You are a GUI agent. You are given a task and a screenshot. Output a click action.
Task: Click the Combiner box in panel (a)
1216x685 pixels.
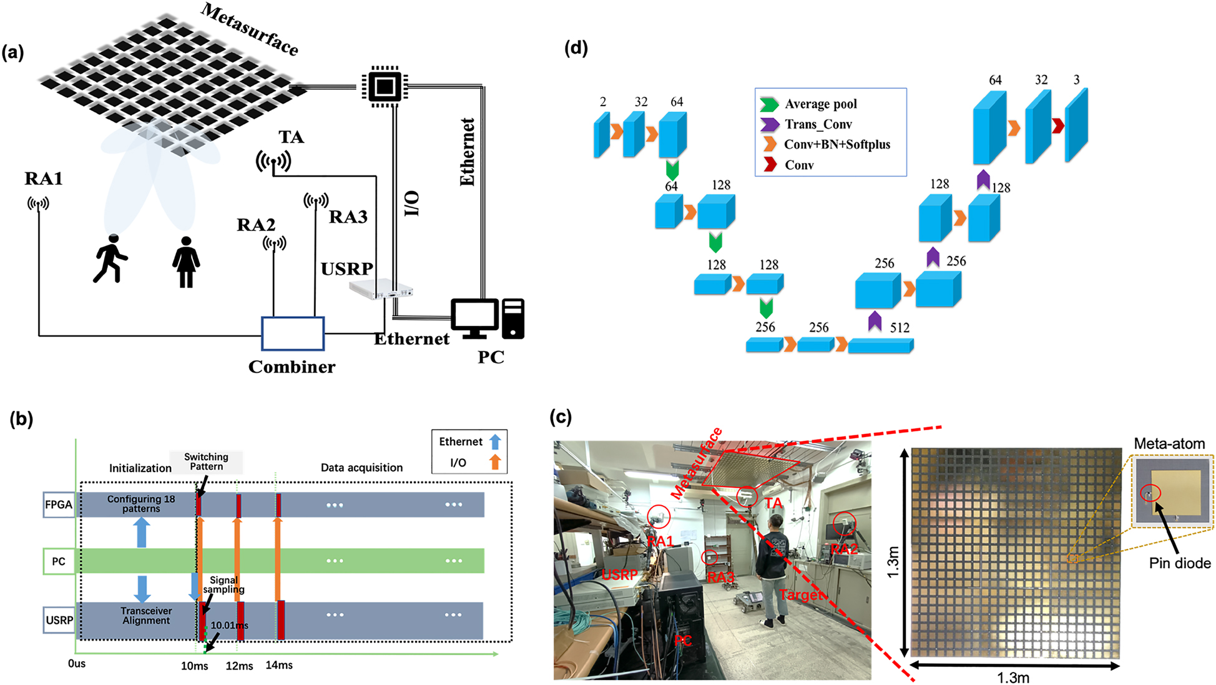292,333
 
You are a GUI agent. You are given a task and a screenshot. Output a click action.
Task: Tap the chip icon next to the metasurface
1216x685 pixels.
385,86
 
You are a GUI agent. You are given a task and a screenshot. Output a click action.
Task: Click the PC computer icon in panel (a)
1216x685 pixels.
488,318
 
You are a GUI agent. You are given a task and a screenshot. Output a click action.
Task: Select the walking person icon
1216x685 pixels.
110,259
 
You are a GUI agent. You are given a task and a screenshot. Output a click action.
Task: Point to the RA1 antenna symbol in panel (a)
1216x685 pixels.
38,204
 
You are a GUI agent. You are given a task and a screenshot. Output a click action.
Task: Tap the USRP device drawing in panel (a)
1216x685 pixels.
380,288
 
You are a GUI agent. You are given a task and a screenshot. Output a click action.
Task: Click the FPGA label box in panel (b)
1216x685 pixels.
59,505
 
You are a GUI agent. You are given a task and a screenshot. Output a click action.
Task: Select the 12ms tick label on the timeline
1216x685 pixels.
239,666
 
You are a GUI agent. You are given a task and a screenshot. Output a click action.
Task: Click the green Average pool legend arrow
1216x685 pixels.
769,104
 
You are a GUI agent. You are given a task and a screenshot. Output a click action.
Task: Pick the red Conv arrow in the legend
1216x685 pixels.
770,165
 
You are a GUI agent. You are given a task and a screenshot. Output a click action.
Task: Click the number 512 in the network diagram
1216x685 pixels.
900,328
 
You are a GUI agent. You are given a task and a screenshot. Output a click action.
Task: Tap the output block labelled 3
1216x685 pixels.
1077,126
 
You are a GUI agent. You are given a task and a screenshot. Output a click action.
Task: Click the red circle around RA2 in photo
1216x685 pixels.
845,523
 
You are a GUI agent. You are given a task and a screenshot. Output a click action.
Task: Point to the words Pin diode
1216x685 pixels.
1179,563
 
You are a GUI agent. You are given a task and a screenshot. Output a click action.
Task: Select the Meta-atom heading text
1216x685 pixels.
1169,444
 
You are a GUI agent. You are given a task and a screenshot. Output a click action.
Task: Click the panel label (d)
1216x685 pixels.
576,48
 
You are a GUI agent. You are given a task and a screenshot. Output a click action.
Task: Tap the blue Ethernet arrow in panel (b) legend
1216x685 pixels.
495,442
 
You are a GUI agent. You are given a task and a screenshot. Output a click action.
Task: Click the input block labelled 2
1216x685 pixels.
602,134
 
